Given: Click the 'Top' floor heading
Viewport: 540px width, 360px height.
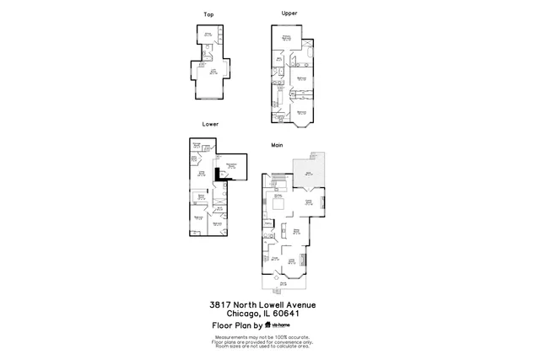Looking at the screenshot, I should (208, 14).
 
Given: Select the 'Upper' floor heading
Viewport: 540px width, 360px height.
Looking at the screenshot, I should (289, 13).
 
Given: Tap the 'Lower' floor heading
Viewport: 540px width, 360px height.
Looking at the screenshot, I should (210, 124).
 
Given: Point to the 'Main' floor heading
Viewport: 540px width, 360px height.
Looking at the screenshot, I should (276, 144).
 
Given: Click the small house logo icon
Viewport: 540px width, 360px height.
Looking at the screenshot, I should (268, 325).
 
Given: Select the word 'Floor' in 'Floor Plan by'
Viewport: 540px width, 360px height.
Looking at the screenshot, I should (223, 325).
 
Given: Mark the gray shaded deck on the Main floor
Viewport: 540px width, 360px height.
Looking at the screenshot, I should (307, 172).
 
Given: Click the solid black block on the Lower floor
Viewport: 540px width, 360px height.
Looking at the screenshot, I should (219, 174).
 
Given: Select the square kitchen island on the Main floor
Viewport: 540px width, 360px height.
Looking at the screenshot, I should (276, 201).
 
